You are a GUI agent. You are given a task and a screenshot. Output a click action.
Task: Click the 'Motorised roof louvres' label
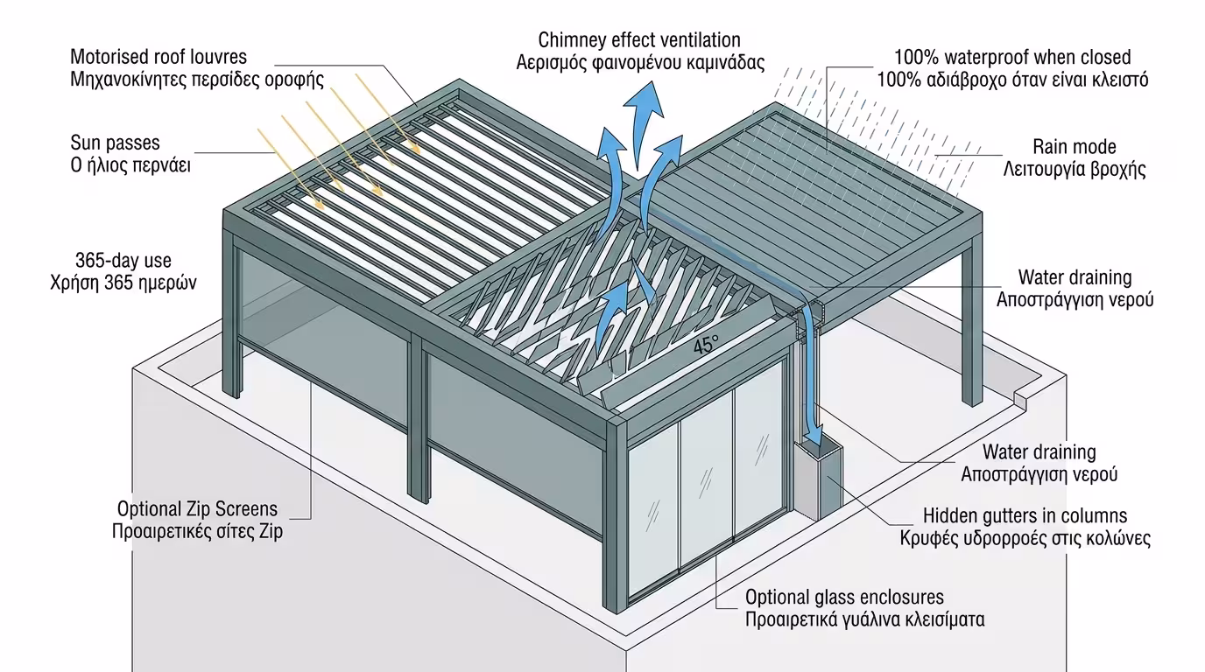[159, 58]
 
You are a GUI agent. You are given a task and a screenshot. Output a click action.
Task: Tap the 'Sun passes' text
[116, 143]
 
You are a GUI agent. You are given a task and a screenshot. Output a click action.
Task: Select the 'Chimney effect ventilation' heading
[639, 40]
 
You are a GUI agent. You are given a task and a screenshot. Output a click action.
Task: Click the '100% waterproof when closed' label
[1011, 58]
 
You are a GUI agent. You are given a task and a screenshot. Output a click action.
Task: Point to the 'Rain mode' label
[1074, 147]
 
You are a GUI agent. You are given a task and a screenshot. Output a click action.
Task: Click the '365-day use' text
[123, 261]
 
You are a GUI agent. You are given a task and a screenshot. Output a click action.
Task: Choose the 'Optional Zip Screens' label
[197, 509]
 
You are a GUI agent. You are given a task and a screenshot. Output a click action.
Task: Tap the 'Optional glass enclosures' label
[844, 598]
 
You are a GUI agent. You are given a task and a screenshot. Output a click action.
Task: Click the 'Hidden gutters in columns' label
[1025, 516]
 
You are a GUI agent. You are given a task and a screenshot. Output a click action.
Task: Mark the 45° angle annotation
[705, 346]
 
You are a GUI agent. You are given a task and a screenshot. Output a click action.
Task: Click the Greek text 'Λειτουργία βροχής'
[1074, 169]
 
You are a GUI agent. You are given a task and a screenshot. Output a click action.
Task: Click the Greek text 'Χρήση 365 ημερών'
[123, 283]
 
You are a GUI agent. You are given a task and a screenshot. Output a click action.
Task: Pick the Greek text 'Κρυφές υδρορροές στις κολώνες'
[1025, 538]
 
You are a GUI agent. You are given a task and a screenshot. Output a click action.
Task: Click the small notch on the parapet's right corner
[1021, 398]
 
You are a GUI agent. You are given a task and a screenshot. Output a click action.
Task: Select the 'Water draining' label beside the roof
[1075, 277]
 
